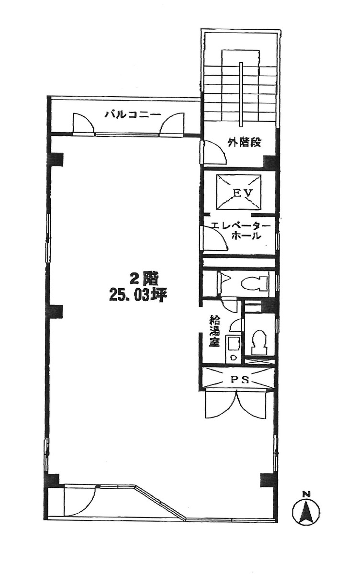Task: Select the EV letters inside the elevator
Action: coord(239,192)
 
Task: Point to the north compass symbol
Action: coord(306,511)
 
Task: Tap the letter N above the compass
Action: coord(306,494)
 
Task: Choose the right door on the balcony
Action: coord(172,124)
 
